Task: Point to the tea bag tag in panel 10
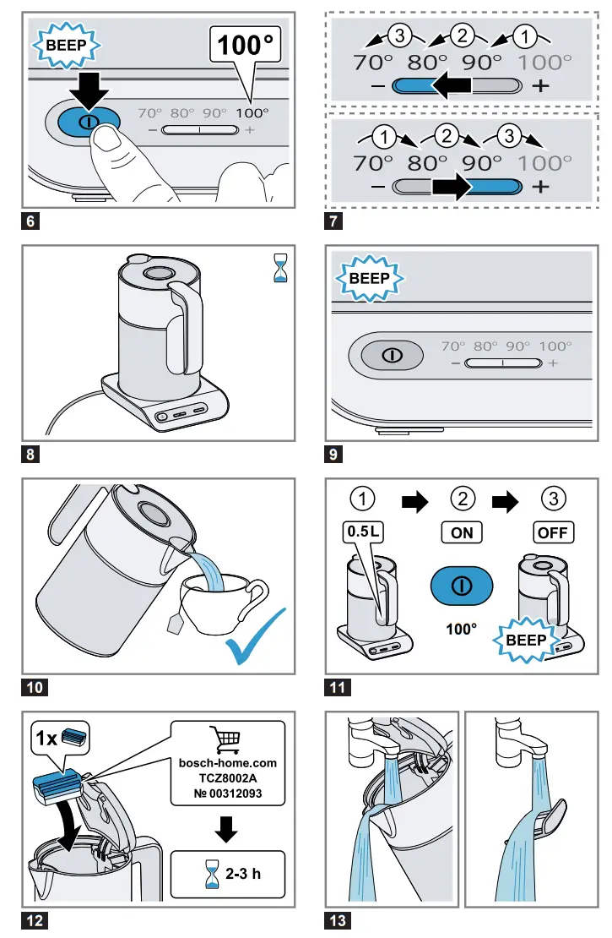(x=176, y=624)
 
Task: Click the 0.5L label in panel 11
(x=363, y=532)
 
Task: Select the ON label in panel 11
(x=462, y=532)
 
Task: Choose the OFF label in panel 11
(x=553, y=532)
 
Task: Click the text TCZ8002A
(x=228, y=778)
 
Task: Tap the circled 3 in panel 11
(x=553, y=499)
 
